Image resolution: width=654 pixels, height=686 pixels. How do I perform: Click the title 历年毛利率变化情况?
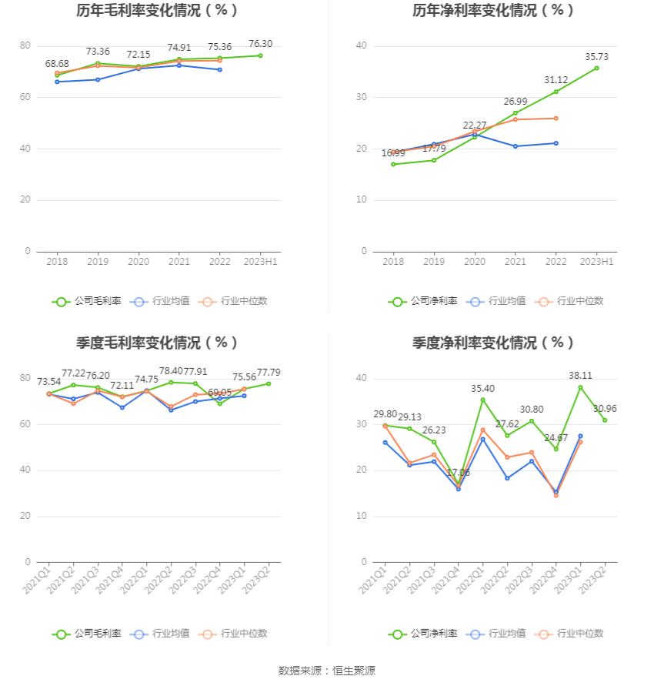[157, 11]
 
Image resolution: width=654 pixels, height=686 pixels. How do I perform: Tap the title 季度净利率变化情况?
[493, 343]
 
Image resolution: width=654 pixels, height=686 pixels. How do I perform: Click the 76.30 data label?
[261, 44]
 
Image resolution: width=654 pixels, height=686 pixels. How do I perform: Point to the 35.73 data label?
[596, 57]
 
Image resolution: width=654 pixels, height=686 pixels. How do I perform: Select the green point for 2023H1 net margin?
[596, 68]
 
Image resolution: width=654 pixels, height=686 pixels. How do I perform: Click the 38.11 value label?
[581, 376]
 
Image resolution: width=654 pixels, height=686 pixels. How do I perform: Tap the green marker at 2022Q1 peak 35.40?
[483, 400]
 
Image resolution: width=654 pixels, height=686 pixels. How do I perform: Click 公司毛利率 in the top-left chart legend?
[87, 301]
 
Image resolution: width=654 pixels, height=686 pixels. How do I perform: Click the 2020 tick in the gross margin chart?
[138, 262]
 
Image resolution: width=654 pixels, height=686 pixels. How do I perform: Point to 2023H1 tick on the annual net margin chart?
[596, 262]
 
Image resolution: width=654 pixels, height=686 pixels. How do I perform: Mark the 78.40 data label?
[171, 370]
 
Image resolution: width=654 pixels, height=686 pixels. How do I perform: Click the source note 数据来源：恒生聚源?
[327, 671]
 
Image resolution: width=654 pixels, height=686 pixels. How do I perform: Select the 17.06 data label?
[458, 473]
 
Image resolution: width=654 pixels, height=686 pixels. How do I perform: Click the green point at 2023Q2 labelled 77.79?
[269, 383]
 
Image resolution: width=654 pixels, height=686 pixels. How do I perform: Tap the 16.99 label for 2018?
[393, 153]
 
